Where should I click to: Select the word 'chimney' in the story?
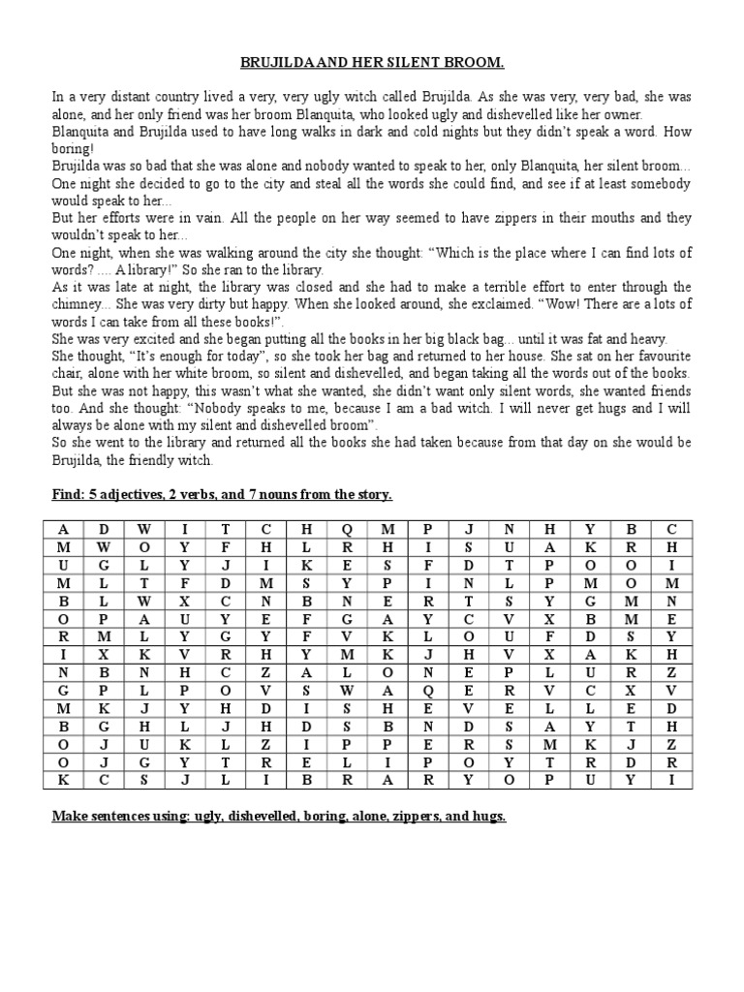click(x=77, y=305)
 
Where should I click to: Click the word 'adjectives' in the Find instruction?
click(x=132, y=495)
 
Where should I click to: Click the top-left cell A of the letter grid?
click(x=63, y=530)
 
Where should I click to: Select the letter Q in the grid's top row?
click(x=347, y=530)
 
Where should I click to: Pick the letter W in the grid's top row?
click(x=144, y=530)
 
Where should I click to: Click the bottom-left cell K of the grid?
click(x=63, y=779)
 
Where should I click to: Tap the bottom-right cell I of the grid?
click(x=671, y=779)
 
